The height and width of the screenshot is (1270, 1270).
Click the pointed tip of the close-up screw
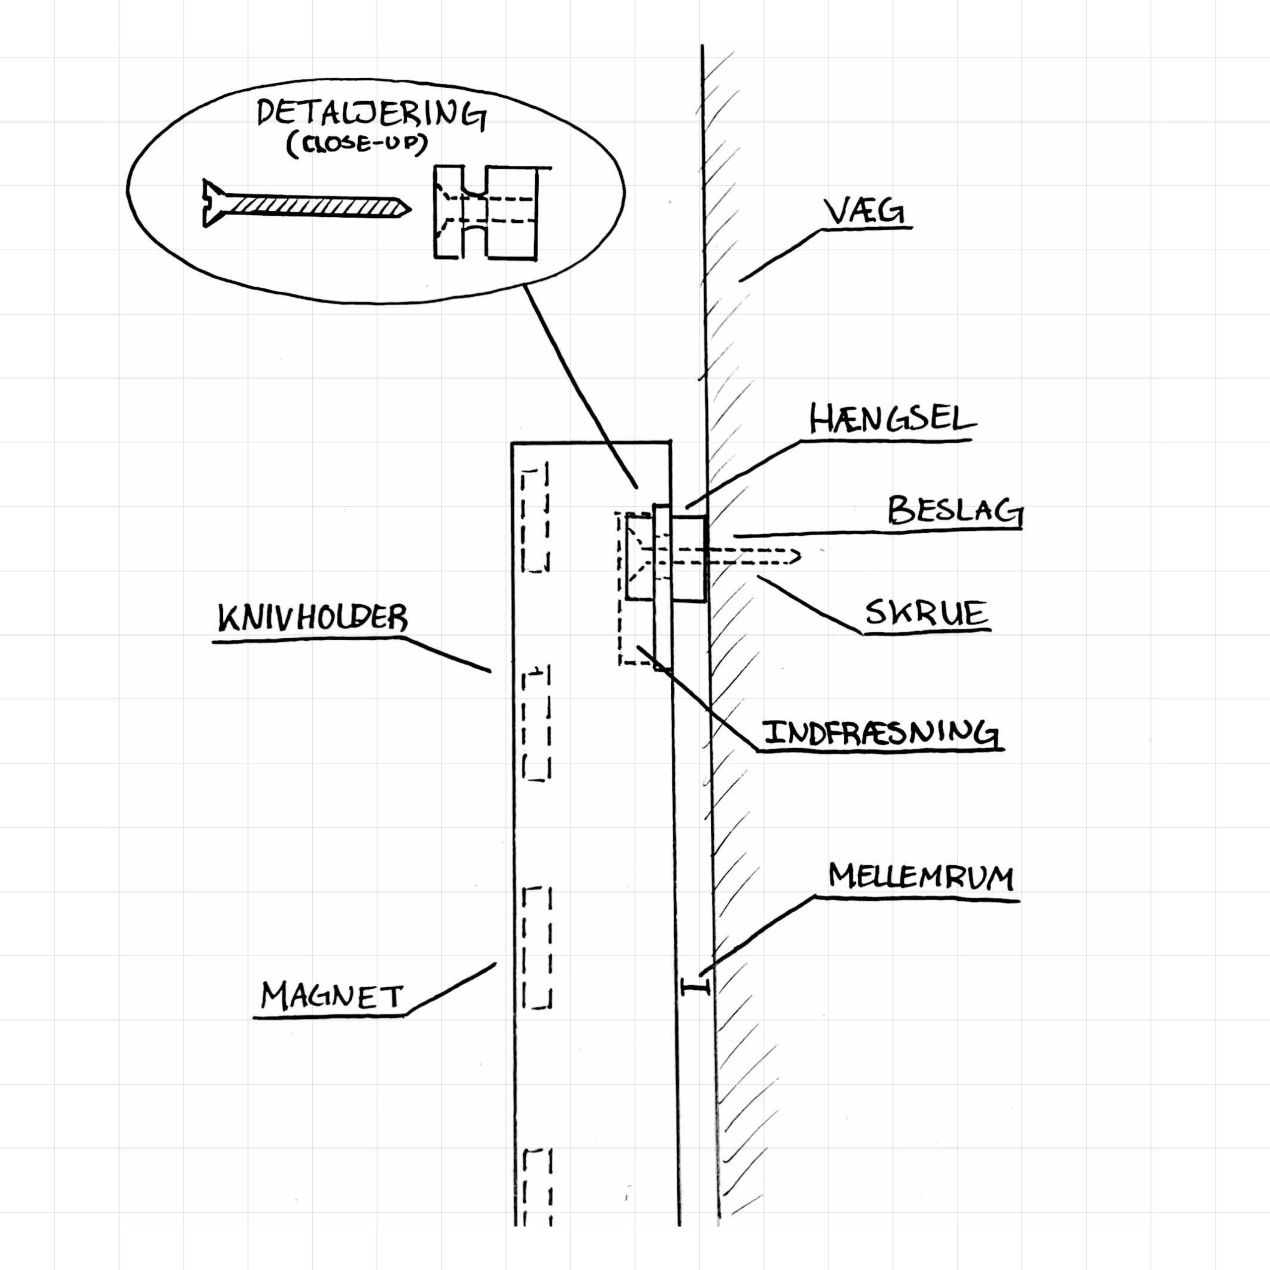point(410,210)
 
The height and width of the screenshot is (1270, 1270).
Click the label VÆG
point(864,212)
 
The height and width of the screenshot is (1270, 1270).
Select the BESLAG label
point(955,511)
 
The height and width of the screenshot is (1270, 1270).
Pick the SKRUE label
point(926,613)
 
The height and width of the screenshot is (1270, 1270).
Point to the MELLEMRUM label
point(921,878)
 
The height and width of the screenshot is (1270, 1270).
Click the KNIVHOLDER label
point(313,618)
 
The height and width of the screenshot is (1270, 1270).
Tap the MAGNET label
point(331,997)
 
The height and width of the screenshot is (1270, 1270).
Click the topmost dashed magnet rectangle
point(535,518)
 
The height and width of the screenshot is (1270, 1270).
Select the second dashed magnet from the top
point(536,723)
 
